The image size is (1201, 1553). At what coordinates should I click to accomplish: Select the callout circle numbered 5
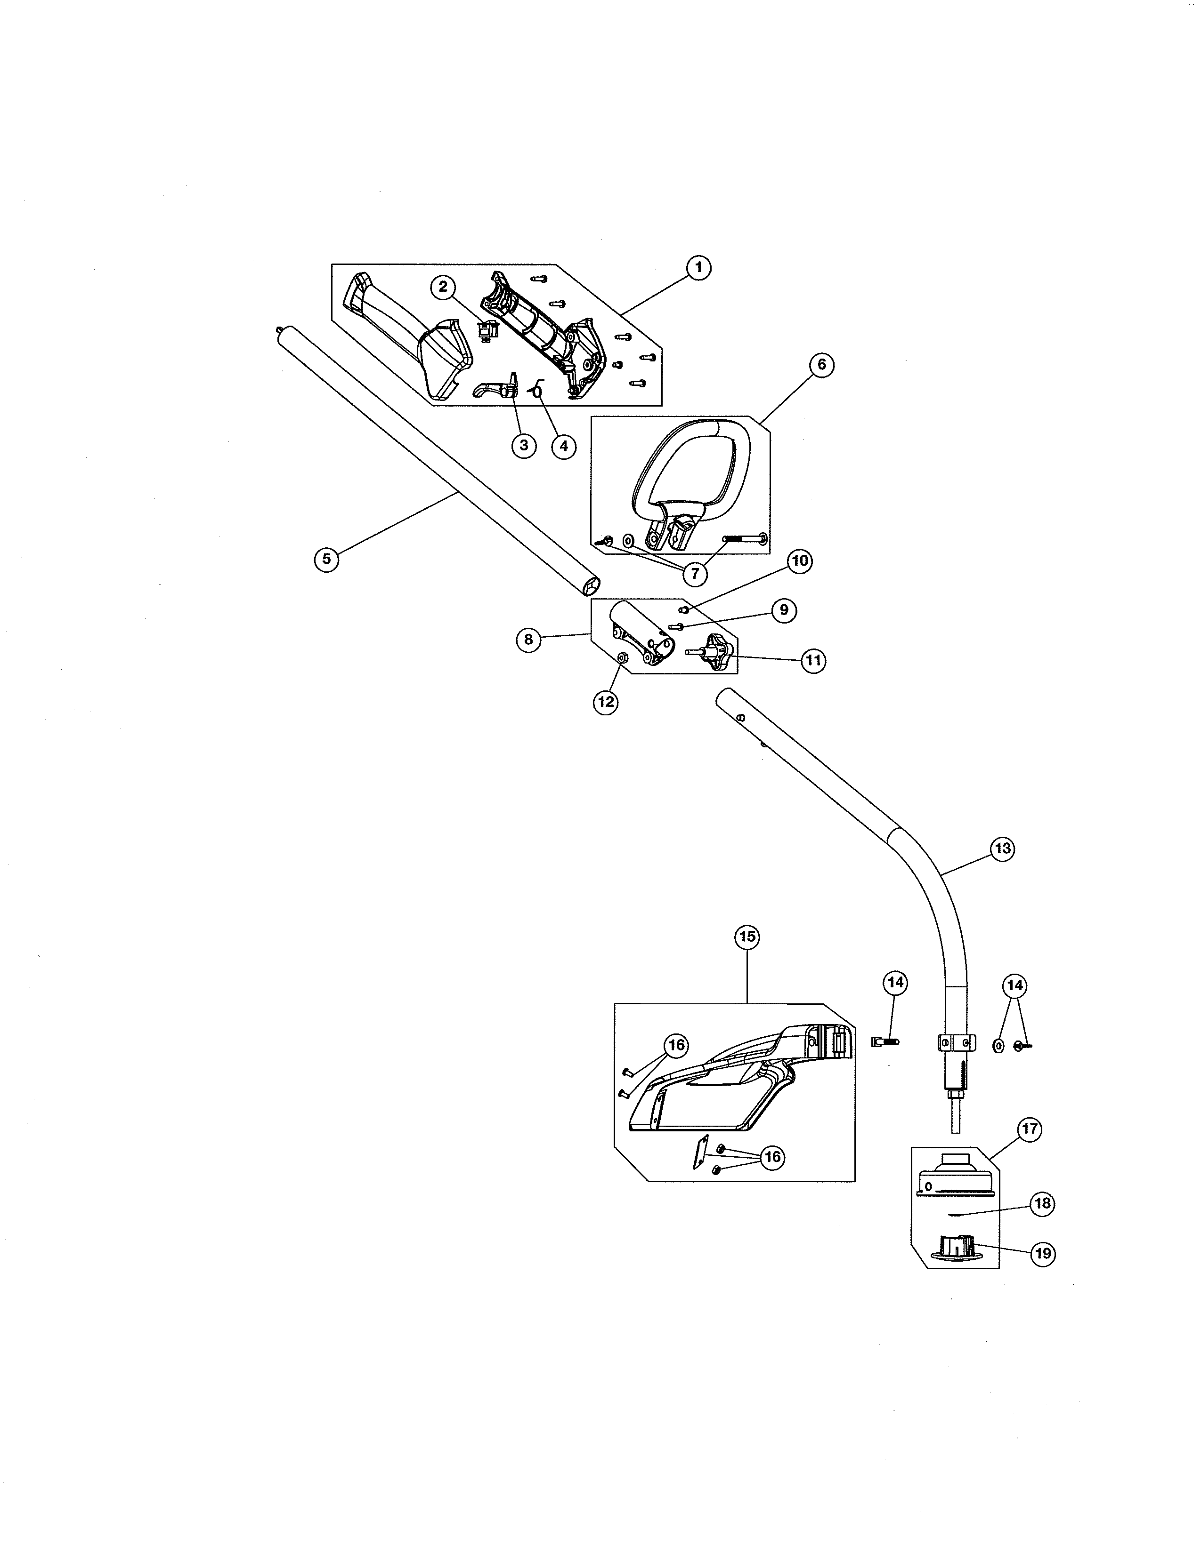pyautogui.click(x=326, y=558)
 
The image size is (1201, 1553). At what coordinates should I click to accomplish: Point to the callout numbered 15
pyautogui.click(x=747, y=937)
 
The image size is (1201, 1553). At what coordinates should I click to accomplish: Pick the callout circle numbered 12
pyautogui.click(x=606, y=702)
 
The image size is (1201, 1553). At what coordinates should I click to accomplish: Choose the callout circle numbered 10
pyautogui.click(x=800, y=560)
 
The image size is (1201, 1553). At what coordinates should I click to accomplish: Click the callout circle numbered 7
pyautogui.click(x=694, y=573)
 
